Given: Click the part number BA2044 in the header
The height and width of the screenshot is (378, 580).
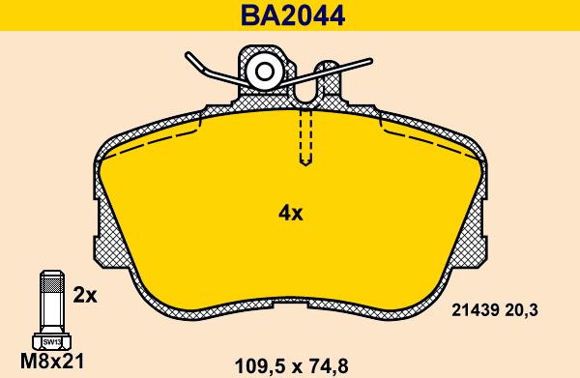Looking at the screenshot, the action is tap(293, 15).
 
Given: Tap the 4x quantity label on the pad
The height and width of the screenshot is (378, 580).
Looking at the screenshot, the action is tap(290, 213).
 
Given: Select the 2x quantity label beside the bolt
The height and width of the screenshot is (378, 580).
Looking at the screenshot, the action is tap(85, 295).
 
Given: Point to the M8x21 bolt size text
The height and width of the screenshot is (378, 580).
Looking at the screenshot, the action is tap(52, 362).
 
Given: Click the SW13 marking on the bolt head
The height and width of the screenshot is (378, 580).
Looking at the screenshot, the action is tap(52, 342).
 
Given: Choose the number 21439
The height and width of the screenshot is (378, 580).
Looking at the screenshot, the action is tap(475, 310).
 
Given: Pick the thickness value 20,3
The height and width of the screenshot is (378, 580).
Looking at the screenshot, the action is tap(522, 310).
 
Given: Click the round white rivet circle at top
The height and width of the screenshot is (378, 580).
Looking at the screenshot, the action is tap(265, 73).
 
